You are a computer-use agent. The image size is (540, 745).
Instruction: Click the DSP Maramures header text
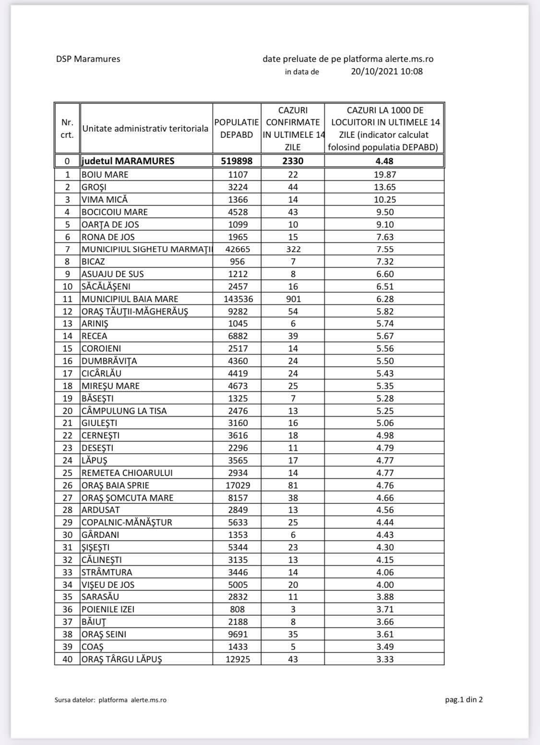(x=88, y=59)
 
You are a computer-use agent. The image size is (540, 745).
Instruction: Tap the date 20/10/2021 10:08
(x=387, y=72)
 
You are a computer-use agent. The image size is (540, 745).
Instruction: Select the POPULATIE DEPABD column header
(x=237, y=129)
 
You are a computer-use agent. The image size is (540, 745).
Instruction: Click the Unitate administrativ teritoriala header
(x=145, y=129)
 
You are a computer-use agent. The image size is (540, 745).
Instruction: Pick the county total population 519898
(x=237, y=161)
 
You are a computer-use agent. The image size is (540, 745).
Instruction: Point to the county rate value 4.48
(x=384, y=161)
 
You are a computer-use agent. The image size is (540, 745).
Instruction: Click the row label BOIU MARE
(x=105, y=175)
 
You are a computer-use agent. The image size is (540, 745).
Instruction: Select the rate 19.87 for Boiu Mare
(x=384, y=175)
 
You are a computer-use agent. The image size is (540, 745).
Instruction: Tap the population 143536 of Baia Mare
(x=237, y=299)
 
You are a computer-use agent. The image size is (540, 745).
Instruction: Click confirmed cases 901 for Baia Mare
(x=293, y=299)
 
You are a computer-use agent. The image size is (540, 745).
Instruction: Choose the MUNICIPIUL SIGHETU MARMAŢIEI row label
(x=146, y=249)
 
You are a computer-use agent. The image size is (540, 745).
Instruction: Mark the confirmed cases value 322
(x=293, y=249)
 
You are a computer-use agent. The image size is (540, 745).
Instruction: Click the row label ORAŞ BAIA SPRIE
(x=115, y=485)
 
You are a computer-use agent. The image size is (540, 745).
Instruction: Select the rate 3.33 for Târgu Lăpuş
(x=384, y=659)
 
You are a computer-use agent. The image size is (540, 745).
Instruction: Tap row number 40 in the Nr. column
(x=68, y=659)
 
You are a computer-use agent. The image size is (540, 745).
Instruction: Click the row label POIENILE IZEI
(x=108, y=609)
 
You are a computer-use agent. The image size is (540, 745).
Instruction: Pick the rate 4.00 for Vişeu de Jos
(x=384, y=585)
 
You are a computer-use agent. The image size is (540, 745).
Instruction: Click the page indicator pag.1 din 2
(x=464, y=699)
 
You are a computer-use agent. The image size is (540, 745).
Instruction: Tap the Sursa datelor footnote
(x=110, y=700)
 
